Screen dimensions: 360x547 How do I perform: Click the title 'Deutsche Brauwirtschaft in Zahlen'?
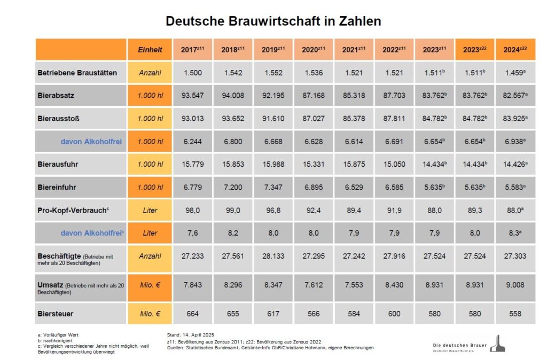point(273,21)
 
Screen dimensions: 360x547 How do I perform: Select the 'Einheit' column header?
point(150,50)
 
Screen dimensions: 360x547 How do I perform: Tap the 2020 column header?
point(313,50)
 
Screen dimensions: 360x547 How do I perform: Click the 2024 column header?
point(515,50)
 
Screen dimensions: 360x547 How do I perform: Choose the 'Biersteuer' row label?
point(56,314)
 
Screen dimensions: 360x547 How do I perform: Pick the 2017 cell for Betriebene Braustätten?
point(192,72)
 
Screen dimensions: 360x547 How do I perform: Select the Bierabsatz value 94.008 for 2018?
point(233,95)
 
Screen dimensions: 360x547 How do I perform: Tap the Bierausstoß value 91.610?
point(273,119)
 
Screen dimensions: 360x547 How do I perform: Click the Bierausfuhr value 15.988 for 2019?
point(273,165)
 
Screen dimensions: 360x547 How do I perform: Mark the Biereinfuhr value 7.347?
point(273,187)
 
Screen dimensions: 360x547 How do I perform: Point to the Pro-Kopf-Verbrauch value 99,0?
point(233,210)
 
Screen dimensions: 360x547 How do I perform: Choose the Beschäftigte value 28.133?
point(273,256)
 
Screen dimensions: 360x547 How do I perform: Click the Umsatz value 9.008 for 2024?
point(515,285)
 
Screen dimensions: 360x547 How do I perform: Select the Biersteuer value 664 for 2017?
point(192,314)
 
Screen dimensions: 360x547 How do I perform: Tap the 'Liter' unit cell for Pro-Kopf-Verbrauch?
point(150,210)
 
